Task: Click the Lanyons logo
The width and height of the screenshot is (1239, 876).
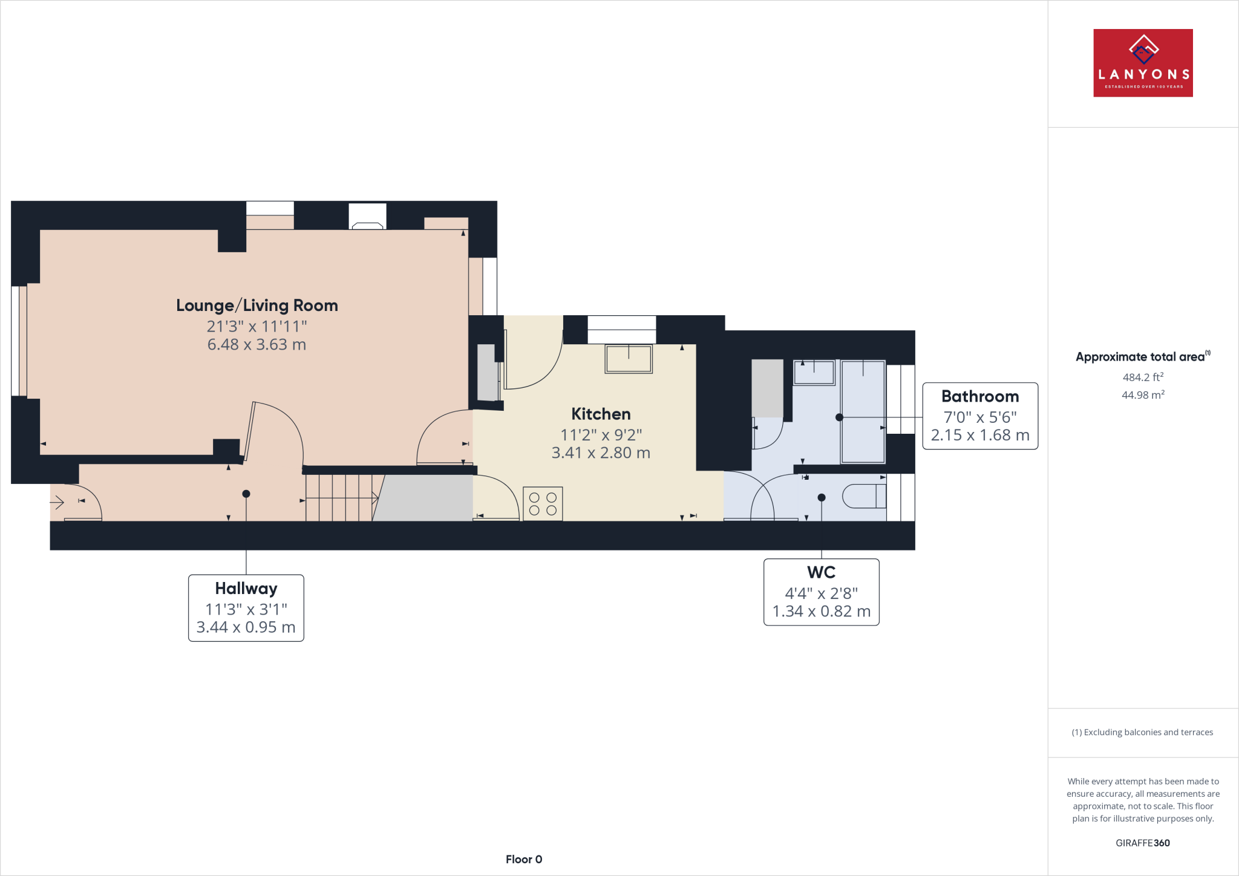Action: pos(1143,63)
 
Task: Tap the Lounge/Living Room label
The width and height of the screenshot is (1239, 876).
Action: pos(257,306)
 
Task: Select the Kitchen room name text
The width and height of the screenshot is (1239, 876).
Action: pos(601,414)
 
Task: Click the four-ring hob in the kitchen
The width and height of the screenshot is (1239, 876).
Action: pos(543,504)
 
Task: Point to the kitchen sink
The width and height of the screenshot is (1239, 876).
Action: pos(629,359)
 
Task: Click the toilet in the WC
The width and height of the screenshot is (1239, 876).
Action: pos(863,497)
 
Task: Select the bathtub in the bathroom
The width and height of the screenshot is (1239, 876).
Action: pos(863,411)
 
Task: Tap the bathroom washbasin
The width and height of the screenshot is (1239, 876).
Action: pos(814,373)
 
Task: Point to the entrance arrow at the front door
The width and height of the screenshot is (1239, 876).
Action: pos(57,502)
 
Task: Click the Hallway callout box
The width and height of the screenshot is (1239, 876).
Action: pos(246,607)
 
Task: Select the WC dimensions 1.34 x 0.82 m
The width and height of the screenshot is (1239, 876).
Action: pos(821,612)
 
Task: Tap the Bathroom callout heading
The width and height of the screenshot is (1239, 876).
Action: pos(980,396)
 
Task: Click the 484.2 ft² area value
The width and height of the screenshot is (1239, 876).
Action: pos(1143,377)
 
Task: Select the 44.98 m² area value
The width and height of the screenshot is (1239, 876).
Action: pos(1143,394)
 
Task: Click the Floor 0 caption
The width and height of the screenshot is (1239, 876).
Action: pos(524,859)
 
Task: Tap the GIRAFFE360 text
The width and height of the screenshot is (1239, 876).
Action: pos(1142,843)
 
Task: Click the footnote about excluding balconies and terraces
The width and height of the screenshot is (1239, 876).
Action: pos(1142,732)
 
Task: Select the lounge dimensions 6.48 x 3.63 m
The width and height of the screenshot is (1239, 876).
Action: pos(257,344)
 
